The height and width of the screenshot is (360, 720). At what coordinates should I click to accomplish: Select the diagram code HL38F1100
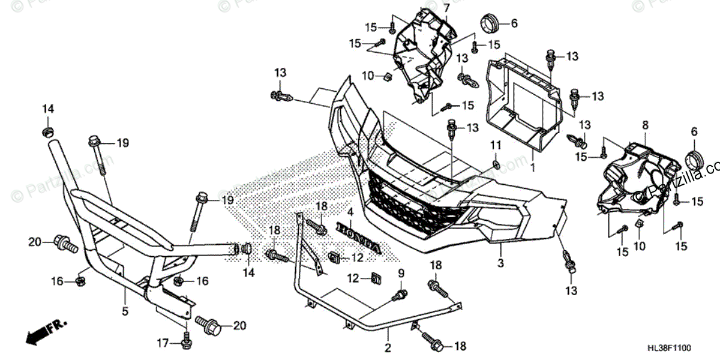[x=684, y=348]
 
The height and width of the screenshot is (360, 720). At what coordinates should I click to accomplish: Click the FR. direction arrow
[x=46, y=329]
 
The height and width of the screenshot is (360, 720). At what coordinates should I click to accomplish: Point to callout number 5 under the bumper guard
[x=125, y=311]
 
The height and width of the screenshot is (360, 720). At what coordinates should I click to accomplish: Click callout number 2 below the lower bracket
[x=388, y=348]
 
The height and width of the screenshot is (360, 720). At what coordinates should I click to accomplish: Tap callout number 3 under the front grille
[x=500, y=262]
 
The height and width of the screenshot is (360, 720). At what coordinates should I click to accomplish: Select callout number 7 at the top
[x=446, y=7]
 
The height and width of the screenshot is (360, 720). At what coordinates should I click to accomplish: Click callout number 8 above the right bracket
[x=645, y=125]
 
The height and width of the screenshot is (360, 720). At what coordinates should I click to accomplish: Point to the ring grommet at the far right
[x=695, y=160]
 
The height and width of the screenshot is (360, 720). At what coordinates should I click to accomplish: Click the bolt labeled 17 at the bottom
[x=185, y=342]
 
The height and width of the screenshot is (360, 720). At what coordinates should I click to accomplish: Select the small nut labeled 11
[x=496, y=164]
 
